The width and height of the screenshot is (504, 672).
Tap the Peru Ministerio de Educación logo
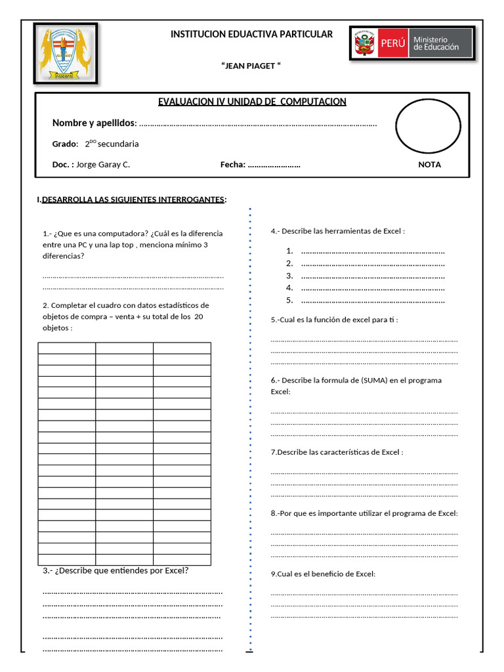click(411, 45)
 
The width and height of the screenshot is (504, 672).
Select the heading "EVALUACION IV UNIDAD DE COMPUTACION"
click(252, 102)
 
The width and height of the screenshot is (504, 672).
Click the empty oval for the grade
click(428, 126)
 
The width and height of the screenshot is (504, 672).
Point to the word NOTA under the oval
click(429, 165)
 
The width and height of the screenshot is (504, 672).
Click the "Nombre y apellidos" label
click(94, 123)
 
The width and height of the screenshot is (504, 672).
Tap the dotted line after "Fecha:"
click(274, 165)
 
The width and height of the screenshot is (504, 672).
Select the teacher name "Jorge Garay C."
click(103, 165)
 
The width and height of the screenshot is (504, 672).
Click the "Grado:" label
click(65, 144)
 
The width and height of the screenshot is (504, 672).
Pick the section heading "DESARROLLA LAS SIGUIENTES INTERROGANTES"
click(133, 199)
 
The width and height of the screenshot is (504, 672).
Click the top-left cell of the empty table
click(66, 348)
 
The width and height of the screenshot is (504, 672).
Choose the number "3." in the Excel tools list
click(289, 276)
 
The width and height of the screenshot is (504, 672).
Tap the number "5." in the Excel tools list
click(289, 301)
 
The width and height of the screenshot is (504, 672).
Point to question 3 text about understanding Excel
click(116, 570)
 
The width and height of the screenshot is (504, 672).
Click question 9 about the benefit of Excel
click(323, 574)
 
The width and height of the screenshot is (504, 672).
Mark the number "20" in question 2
click(198, 316)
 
